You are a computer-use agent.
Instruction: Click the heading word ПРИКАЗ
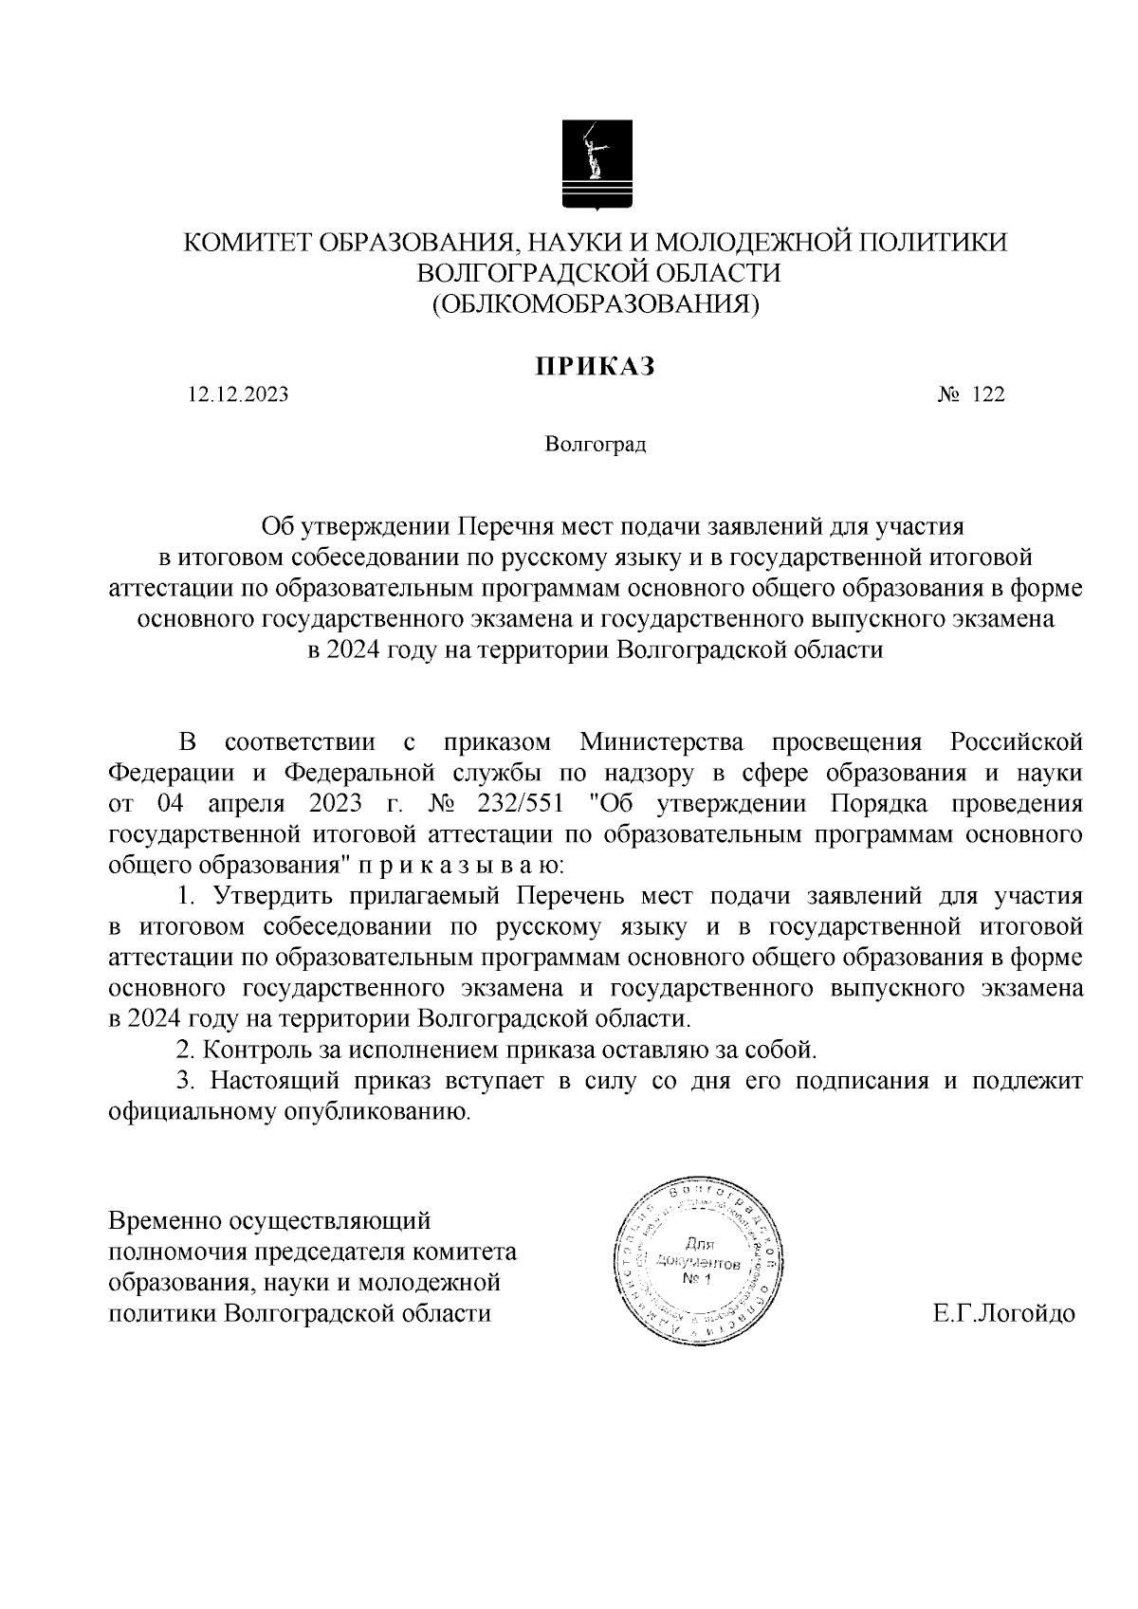pos(595,366)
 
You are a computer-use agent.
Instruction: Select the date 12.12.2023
pos(238,394)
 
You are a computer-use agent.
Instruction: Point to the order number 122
pos(987,394)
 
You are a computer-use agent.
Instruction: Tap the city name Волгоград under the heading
pos(595,444)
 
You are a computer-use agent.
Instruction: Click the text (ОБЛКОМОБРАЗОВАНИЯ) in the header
pos(595,303)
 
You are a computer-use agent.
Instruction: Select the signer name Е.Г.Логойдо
pos(1003,1313)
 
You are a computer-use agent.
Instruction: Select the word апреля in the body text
pos(246,803)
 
